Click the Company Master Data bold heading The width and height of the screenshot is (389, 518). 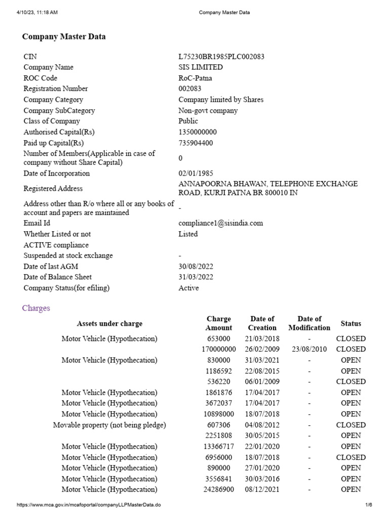[64, 37]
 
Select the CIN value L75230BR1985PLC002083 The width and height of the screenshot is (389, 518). [221, 57]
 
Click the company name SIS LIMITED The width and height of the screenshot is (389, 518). [200, 67]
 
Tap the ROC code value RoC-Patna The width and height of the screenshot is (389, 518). [195, 78]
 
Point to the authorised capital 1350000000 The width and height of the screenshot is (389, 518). [198, 132]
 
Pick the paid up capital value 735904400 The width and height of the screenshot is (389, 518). [196, 143]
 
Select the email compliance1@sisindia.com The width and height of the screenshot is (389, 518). [220, 223]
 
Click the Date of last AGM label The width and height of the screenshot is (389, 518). [51, 266]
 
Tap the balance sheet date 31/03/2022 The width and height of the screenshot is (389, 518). [196, 277]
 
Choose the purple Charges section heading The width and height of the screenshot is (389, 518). [36, 308]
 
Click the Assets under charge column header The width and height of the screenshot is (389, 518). [109, 323]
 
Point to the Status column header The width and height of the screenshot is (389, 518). [351, 323]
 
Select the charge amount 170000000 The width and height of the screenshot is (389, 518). [218, 349]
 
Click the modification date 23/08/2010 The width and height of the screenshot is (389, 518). [309, 349]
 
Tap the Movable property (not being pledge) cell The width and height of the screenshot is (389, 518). [109, 425]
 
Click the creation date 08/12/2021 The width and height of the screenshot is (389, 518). [262, 489]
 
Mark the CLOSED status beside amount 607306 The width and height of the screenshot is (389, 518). [351, 425]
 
